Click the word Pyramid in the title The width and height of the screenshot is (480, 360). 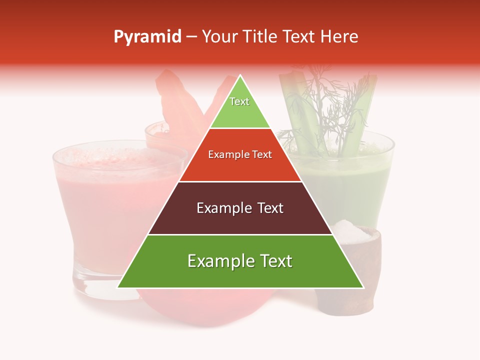point(147,37)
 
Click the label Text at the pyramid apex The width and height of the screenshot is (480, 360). point(239,101)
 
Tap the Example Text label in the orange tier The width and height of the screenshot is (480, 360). point(240,154)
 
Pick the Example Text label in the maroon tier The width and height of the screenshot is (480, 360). point(240,208)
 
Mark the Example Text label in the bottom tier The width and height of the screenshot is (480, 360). point(240,261)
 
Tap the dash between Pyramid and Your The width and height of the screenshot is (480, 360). point(191,37)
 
